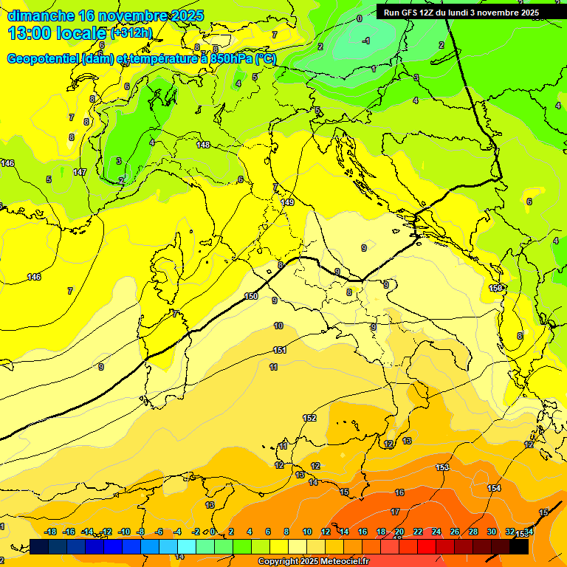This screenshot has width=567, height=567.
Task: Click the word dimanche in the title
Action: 41,16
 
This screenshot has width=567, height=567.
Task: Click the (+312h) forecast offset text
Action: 131,33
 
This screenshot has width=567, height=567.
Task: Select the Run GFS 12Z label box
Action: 461,13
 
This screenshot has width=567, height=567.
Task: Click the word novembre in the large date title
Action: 123,16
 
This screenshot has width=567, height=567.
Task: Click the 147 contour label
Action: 80,172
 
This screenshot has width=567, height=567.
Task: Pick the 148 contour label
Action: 203,145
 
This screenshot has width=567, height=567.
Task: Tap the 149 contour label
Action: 287,202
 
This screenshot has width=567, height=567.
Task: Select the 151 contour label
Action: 280,350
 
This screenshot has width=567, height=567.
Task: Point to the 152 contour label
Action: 309,418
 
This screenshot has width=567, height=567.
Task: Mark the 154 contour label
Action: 494,488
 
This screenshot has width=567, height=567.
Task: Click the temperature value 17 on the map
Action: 395,511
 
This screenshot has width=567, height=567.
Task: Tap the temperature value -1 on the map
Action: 365,41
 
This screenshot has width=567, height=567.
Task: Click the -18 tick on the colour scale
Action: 50,532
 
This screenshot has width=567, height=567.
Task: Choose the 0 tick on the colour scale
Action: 213,532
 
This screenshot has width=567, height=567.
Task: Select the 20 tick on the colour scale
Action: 399,532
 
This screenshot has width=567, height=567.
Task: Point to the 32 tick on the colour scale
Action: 509,532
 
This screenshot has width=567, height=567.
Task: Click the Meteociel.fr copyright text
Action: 314,561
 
